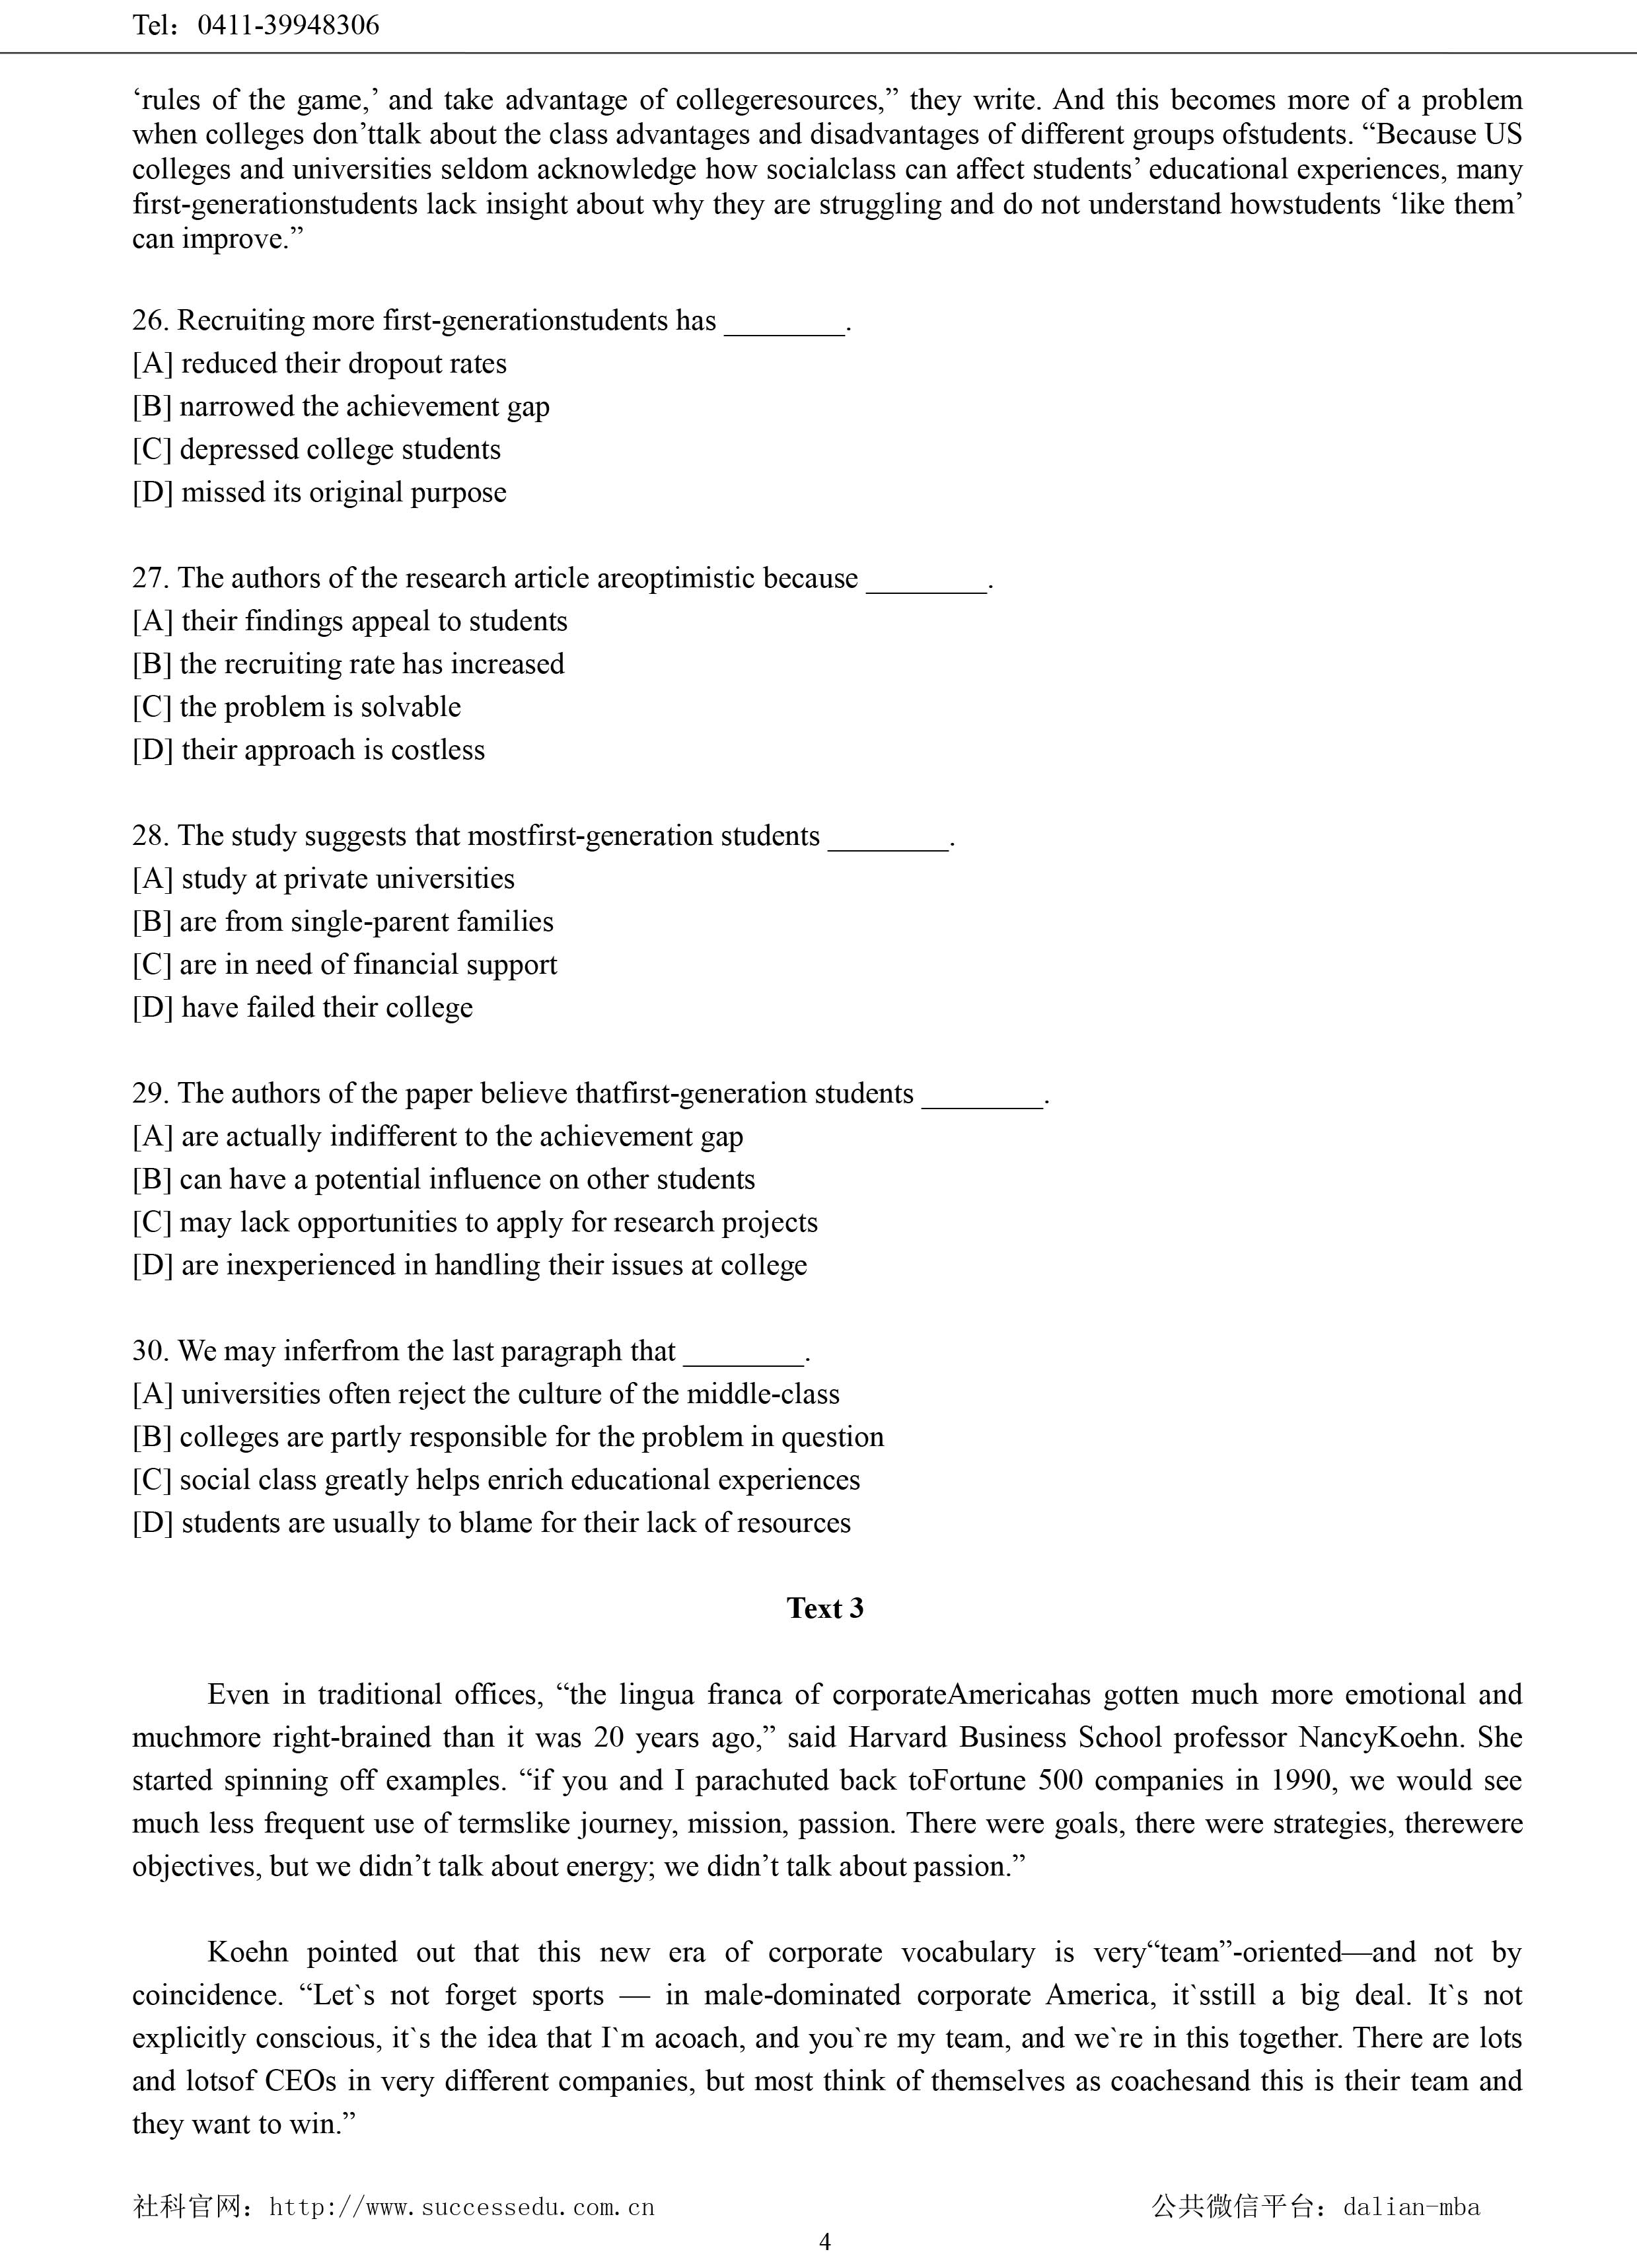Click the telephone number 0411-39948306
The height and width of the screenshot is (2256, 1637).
(x=289, y=25)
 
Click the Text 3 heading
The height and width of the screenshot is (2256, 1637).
(x=824, y=1609)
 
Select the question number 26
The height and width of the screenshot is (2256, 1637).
(x=150, y=320)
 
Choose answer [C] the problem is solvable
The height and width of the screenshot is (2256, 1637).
(x=297, y=708)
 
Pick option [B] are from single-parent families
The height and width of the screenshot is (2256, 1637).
(x=343, y=922)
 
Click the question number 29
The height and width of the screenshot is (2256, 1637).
(x=150, y=1093)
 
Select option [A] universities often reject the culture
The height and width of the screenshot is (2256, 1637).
(x=486, y=1395)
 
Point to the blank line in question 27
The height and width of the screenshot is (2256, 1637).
(x=927, y=581)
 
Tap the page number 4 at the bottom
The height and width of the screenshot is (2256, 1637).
(x=824, y=2241)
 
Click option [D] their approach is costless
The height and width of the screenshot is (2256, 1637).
(x=309, y=750)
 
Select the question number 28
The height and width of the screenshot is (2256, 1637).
(x=150, y=836)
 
